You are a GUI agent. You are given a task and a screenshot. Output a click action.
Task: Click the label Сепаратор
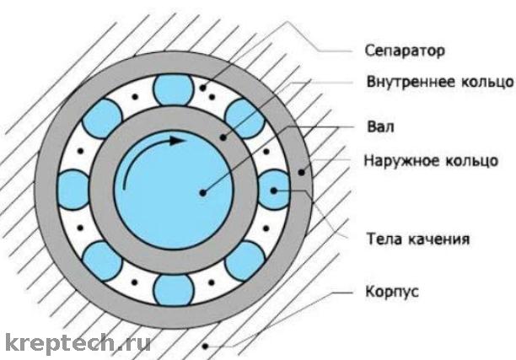pos(404,50)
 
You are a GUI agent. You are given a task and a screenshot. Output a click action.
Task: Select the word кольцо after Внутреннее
pos(481,84)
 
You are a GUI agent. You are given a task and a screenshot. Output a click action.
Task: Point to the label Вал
pos(381,127)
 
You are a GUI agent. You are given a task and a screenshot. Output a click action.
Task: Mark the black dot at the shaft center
pos(202,192)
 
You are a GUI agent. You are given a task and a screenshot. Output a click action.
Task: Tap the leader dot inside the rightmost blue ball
pos(273,191)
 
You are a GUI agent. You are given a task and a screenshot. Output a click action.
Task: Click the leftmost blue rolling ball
pos(73,187)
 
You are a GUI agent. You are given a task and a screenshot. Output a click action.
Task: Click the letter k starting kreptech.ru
pos(11,342)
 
